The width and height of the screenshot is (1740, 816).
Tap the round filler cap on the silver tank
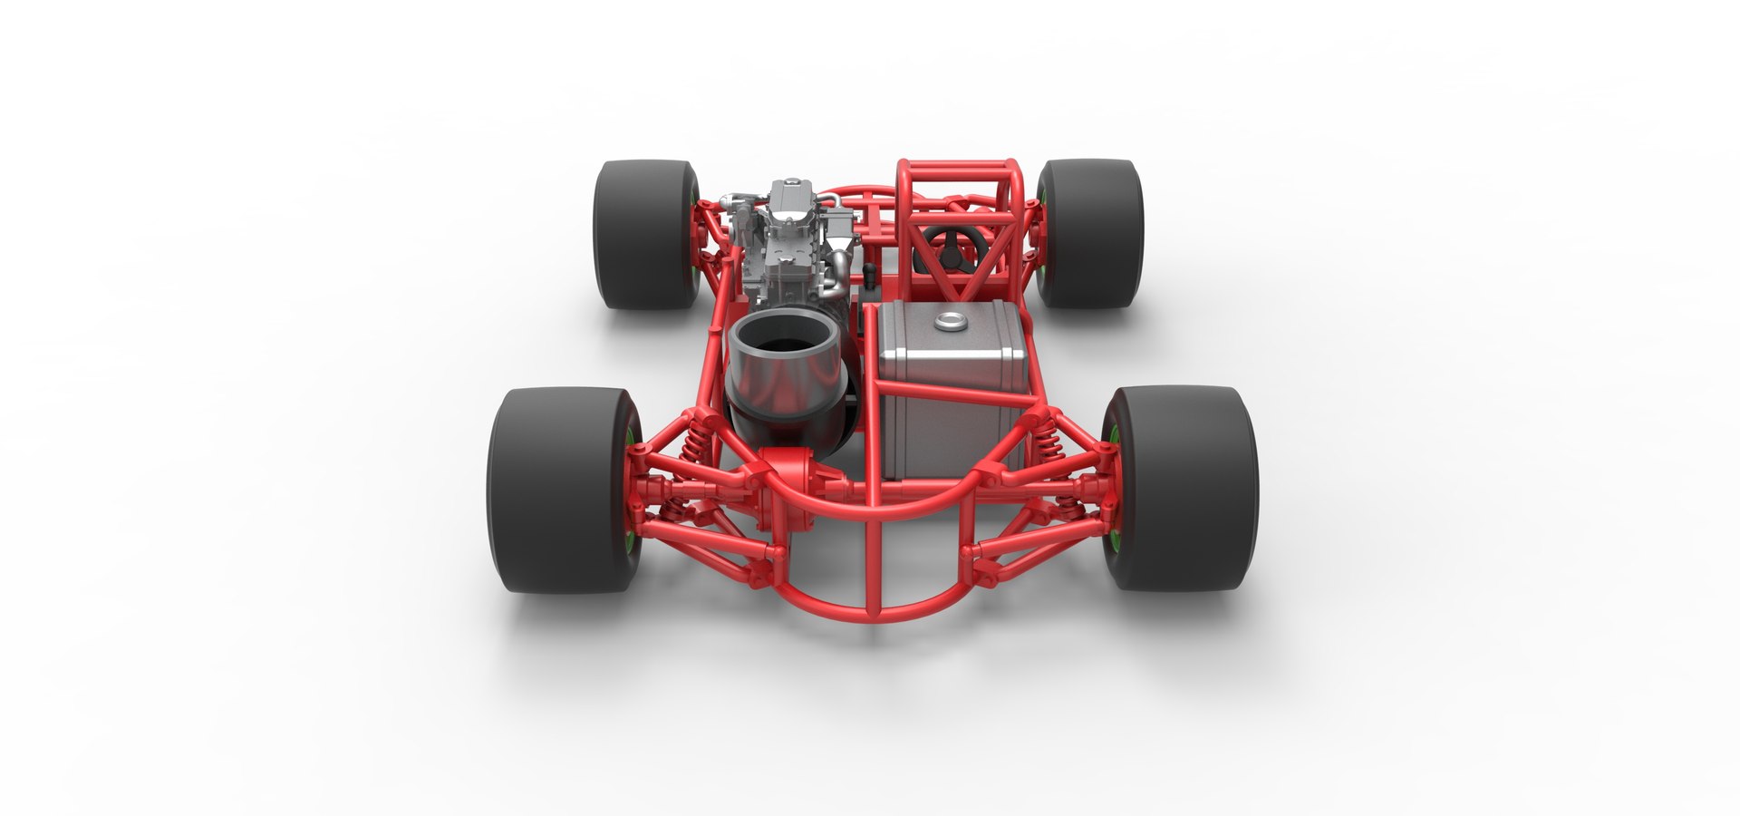tap(951, 319)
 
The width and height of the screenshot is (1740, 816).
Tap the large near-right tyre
tap(1183, 490)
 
